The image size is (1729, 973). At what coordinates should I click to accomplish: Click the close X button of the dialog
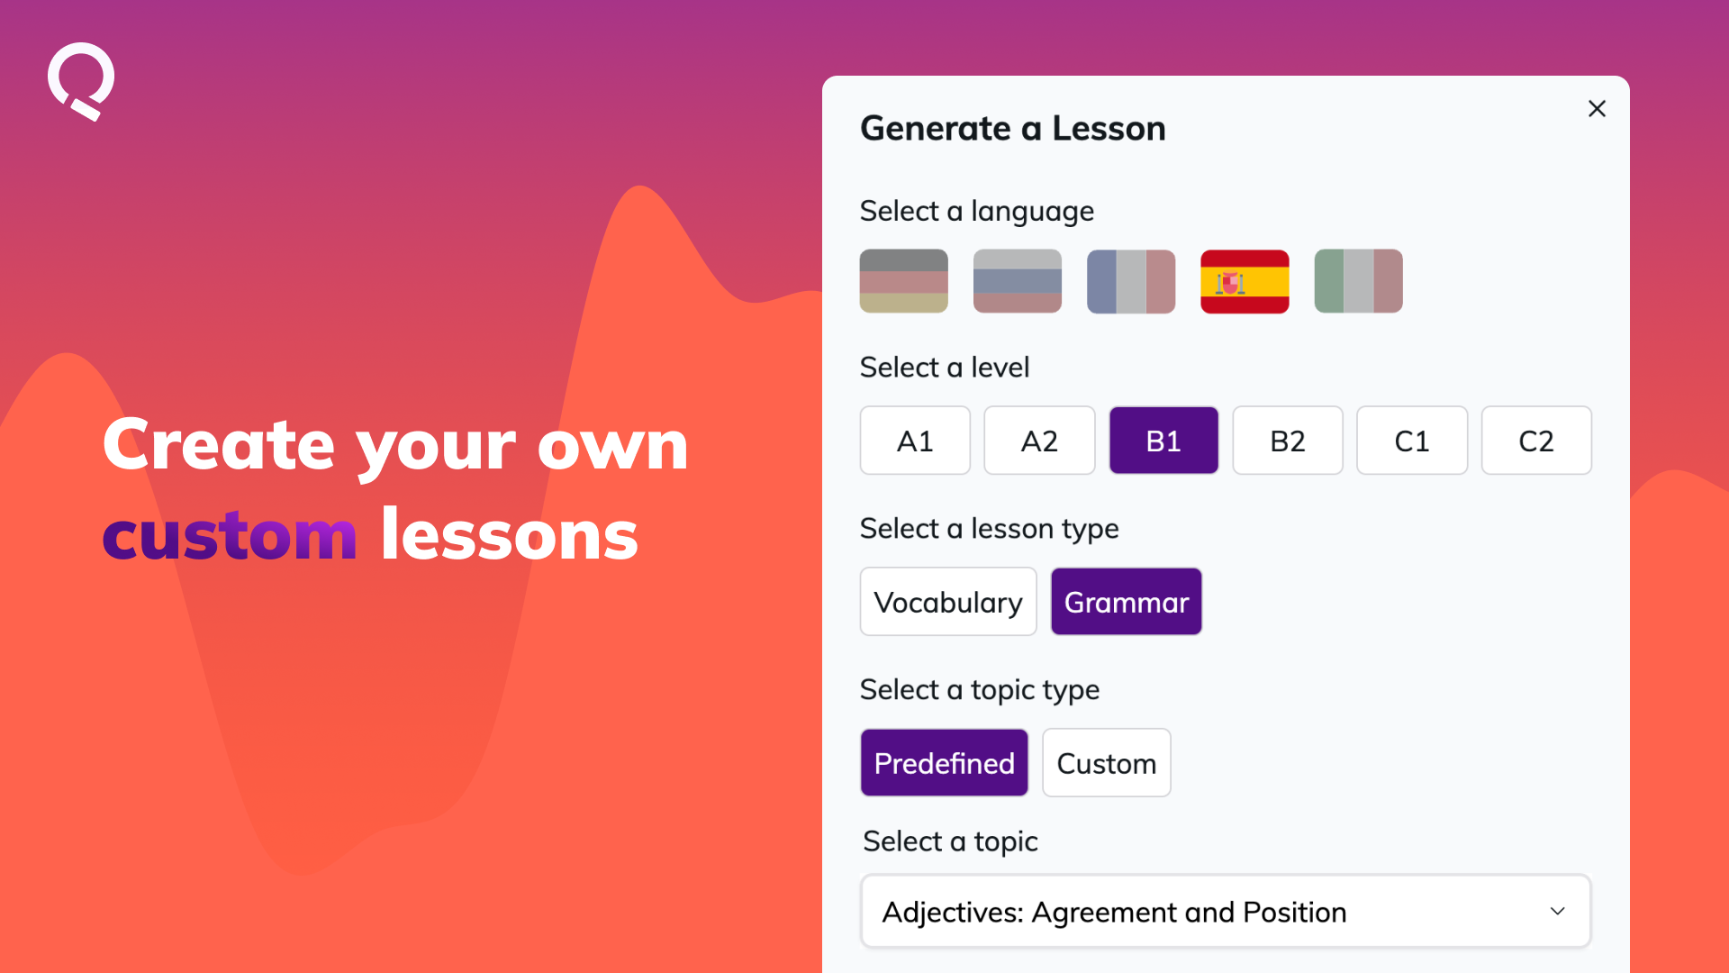(1597, 109)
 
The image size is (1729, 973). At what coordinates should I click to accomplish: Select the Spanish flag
(1245, 281)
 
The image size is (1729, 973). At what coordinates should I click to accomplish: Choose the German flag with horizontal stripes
(903, 281)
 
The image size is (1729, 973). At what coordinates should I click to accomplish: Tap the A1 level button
(915, 441)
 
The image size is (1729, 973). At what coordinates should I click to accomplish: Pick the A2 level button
(1039, 441)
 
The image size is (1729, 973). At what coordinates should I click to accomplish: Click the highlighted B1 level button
(1163, 441)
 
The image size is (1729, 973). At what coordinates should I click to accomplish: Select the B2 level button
(1288, 441)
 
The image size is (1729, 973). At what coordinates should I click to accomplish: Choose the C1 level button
(1412, 441)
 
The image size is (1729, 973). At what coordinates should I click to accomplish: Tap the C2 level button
(1536, 441)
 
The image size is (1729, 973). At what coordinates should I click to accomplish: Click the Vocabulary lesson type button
(948, 602)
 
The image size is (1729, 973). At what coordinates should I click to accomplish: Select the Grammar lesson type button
(1127, 602)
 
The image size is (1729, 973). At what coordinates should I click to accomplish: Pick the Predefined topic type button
(944, 763)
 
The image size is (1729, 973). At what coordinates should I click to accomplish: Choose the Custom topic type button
(1107, 763)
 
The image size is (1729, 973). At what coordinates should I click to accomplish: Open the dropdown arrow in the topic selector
(1558, 912)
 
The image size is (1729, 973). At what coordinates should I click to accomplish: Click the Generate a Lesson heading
(1013, 129)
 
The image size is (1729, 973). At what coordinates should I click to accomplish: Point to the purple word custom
(230, 535)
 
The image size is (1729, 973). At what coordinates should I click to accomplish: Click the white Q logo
(81, 81)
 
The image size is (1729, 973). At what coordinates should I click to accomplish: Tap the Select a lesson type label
(989, 529)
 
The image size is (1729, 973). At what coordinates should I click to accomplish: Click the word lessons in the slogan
(510, 533)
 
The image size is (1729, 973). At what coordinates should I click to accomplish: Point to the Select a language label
(976, 212)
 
